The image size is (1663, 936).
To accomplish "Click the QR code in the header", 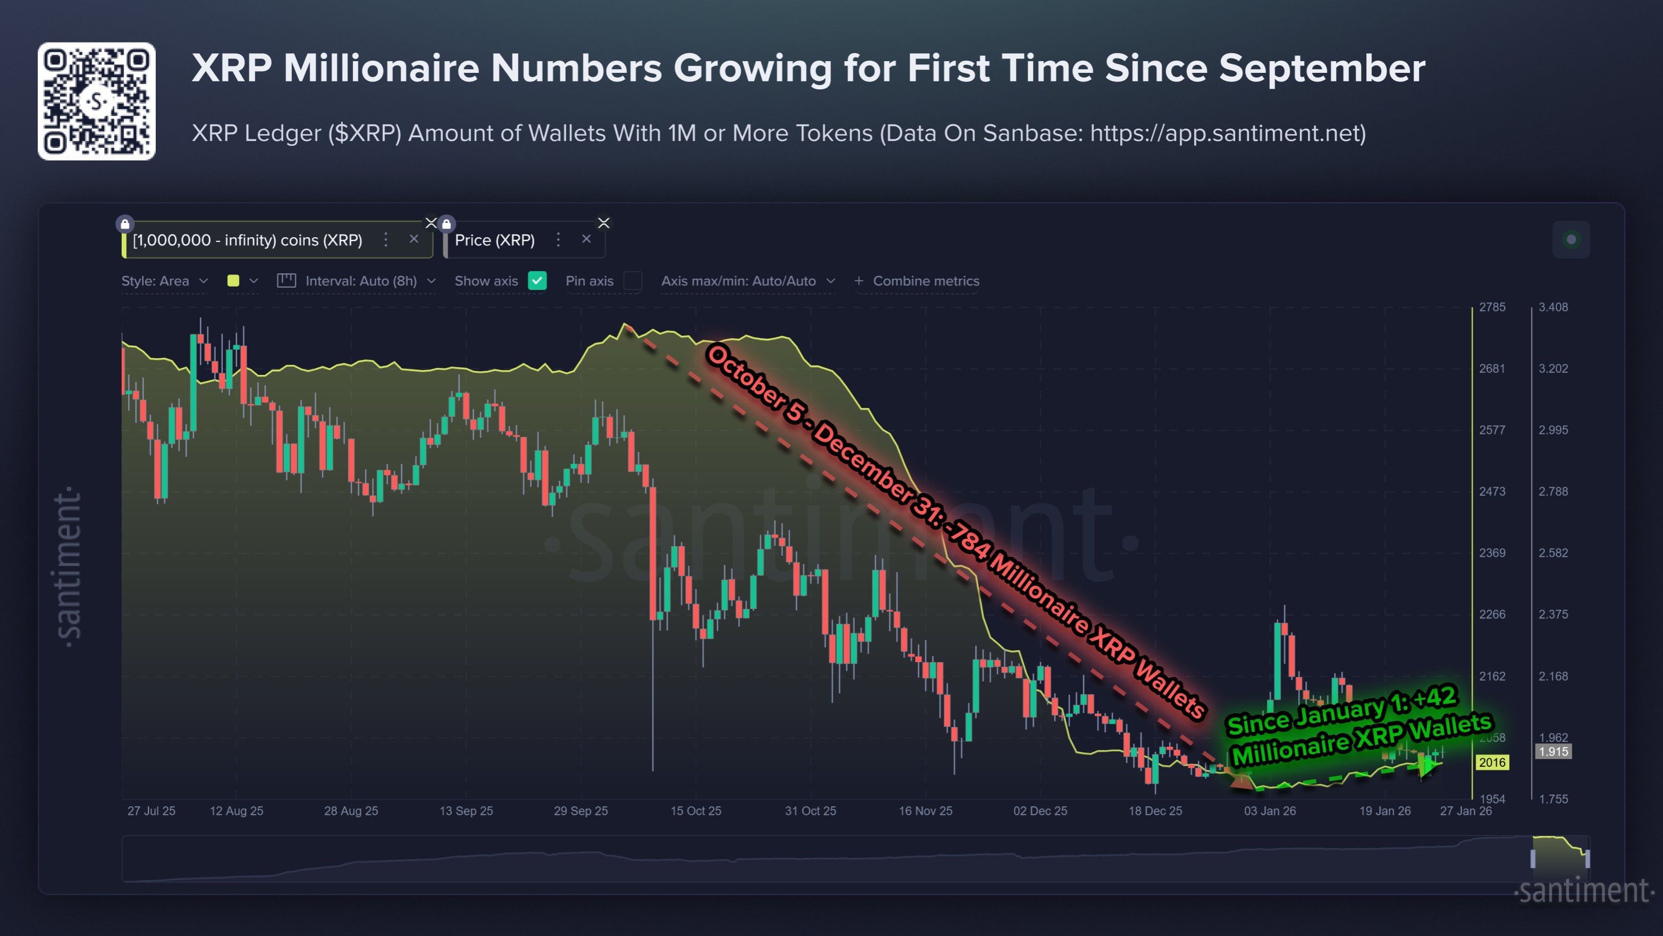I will pyautogui.click(x=96, y=102).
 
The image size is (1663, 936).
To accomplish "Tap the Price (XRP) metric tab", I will pyautogui.click(x=494, y=240).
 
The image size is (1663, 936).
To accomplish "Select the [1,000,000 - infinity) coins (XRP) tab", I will pyautogui.click(x=247, y=240).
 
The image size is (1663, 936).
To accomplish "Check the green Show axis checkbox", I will pyautogui.click(x=537, y=281).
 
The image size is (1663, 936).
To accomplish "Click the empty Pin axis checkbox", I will pyautogui.click(x=633, y=281).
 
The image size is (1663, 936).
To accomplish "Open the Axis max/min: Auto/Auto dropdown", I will pyautogui.click(x=747, y=281).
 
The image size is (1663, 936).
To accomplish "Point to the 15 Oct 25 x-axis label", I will pyautogui.click(x=695, y=810).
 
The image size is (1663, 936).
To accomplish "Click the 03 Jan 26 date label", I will pyautogui.click(x=1269, y=810).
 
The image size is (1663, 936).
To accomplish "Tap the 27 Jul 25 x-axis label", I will pyautogui.click(x=151, y=810).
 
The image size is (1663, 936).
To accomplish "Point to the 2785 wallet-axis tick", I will pyautogui.click(x=1492, y=307).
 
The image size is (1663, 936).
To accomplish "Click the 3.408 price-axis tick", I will pyautogui.click(x=1552, y=307).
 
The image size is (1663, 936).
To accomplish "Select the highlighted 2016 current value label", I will pyautogui.click(x=1492, y=762).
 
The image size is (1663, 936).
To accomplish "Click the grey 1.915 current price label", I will pyautogui.click(x=1552, y=751).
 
